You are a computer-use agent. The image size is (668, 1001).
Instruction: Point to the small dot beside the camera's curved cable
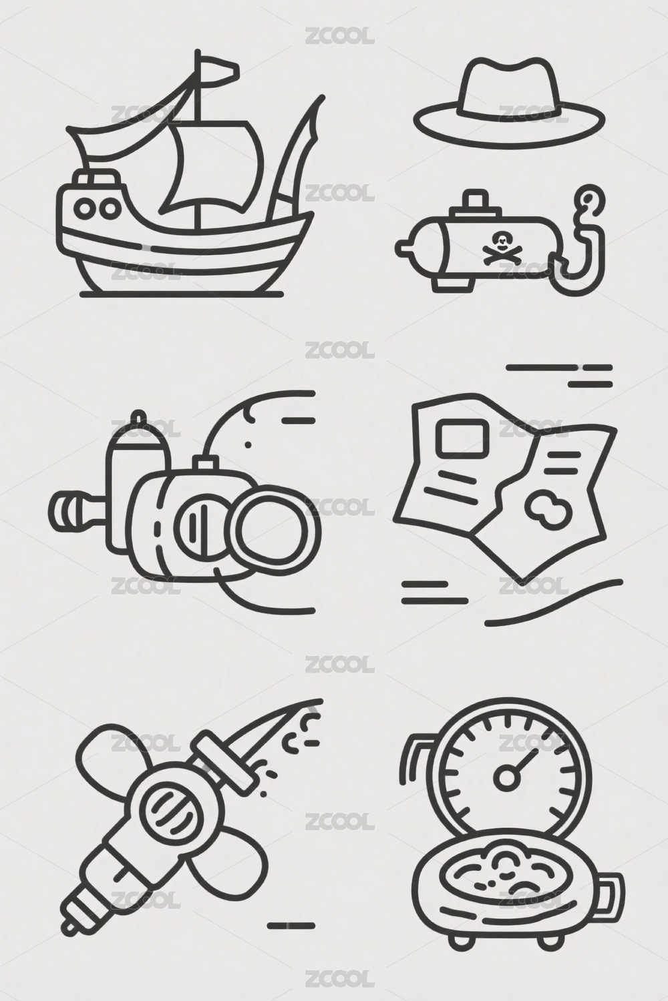(x=248, y=444)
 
